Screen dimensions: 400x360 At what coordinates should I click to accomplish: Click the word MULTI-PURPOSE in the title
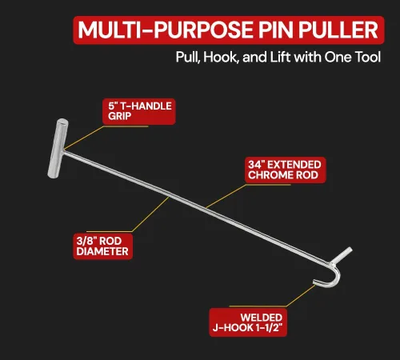pyautogui.click(x=165, y=30)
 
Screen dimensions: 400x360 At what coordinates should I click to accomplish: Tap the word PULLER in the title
pyautogui.click(x=338, y=30)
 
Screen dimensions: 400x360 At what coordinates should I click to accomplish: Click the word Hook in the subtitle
pyautogui.click(x=220, y=58)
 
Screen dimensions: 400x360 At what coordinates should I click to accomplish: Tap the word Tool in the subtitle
pyautogui.click(x=367, y=57)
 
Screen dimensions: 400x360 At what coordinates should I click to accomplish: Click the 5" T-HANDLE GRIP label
pyautogui.click(x=139, y=111)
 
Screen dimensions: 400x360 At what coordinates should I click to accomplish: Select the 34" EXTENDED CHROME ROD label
pyautogui.click(x=285, y=170)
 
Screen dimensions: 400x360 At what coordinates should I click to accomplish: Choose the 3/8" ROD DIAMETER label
pyautogui.click(x=103, y=246)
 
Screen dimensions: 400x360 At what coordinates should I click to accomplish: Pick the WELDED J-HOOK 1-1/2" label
pyautogui.click(x=248, y=322)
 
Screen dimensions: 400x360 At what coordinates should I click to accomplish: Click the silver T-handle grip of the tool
pyautogui.click(x=58, y=148)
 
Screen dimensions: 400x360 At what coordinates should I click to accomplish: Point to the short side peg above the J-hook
pyautogui.click(x=342, y=255)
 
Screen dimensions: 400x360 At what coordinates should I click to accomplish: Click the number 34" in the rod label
pyautogui.click(x=256, y=165)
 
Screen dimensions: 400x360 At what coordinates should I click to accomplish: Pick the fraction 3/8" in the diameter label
pyautogui.click(x=86, y=241)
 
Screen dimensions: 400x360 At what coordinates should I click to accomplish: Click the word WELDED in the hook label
pyautogui.click(x=262, y=318)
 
